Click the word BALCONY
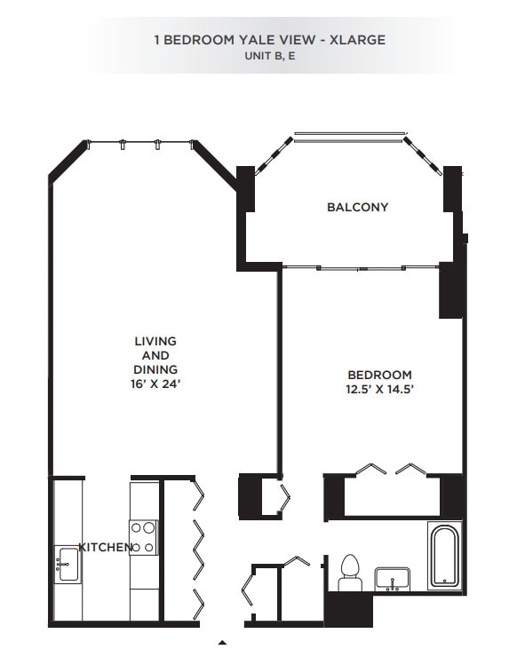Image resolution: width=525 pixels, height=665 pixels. click(x=357, y=207)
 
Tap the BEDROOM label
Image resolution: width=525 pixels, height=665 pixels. click(x=379, y=375)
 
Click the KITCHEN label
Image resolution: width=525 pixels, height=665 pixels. click(x=105, y=547)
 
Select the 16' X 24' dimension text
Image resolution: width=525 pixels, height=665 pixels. click(x=155, y=384)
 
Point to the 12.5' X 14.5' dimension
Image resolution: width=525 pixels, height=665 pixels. click(x=379, y=389)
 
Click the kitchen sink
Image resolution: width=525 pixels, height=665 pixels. click(x=68, y=565)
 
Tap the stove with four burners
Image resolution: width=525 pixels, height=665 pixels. click(x=145, y=536)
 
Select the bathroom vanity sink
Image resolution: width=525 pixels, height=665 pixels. click(x=391, y=579)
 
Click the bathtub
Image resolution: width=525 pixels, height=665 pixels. click(x=443, y=555)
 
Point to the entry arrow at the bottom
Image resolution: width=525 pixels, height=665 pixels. click(x=223, y=641)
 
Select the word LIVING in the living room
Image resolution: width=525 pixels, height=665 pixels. click(x=155, y=341)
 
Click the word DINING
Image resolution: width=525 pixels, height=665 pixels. click(x=155, y=369)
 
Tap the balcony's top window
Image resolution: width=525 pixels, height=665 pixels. click(x=349, y=136)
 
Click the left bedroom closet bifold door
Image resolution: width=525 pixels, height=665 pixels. click(x=371, y=469)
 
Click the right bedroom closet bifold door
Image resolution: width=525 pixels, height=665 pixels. click(x=416, y=469)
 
